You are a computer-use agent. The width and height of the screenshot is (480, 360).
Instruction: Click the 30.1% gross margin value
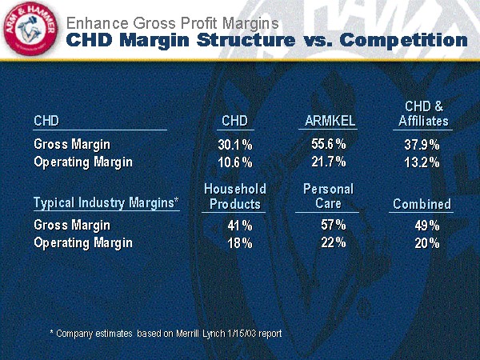pyautogui.click(x=235, y=145)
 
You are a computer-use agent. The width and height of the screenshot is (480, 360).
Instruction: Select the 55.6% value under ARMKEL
pyautogui.click(x=328, y=144)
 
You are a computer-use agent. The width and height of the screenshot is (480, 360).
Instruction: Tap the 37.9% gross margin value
pyautogui.click(x=422, y=145)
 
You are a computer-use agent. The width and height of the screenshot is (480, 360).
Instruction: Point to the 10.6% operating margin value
pyautogui.click(x=235, y=162)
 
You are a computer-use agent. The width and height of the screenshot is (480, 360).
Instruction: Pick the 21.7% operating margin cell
pyautogui.click(x=328, y=162)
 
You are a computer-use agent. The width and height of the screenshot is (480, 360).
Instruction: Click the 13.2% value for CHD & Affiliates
pyautogui.click(x=422, y=162)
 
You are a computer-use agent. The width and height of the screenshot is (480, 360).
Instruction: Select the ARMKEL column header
pyautogui.click(x=330, y=121)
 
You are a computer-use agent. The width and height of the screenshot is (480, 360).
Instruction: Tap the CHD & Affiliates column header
pyautogui.click(x=423, y=114)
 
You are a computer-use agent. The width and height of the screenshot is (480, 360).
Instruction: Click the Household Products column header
pyautogui.click(x=235, y=196)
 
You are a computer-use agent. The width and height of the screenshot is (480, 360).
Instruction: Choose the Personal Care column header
pyautogui.click(x=328, y=196)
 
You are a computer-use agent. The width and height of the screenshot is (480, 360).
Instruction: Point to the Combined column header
pyautogui.click(x=422, y=204)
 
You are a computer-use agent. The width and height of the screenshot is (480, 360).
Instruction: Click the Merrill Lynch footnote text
pyautogui.click(x=166, y=332)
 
